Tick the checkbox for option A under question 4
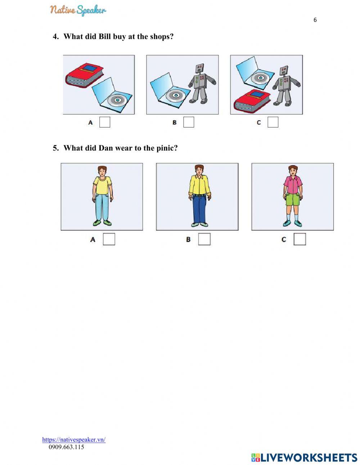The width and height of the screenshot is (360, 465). [x=105, y=122]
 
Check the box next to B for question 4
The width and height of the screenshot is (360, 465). [x=189, y=122]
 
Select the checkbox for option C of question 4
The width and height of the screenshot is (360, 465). [x=273, y=122]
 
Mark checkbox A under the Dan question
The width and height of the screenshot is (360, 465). [x=109, y=239]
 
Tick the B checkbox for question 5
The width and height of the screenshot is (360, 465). [x=204, y=239]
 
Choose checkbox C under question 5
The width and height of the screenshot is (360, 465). [x=300, y=239]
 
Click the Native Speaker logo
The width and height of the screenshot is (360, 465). [x=78, y=10]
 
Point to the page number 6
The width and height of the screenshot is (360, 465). [x=315, y=20]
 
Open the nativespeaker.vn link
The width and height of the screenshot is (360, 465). [x=74, y=439]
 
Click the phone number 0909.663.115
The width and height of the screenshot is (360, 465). [x=66, y=447]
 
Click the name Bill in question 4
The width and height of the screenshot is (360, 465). [x=104, y=36]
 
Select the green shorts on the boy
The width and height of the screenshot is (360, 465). [x=292, y=199]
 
